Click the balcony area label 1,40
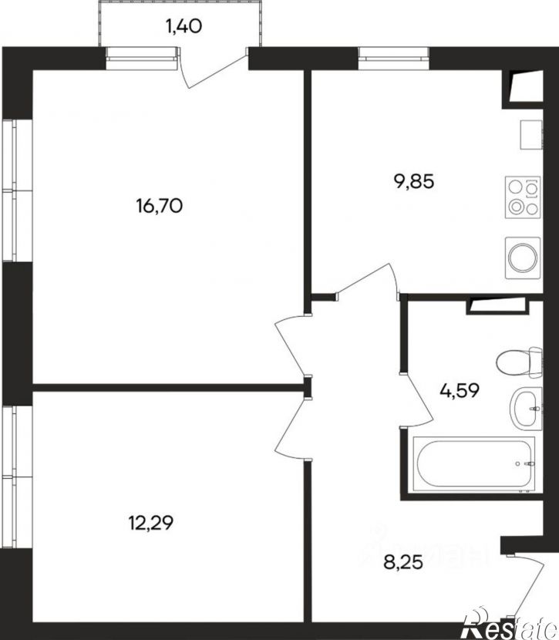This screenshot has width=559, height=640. pyautogui.click(x=184, y=26)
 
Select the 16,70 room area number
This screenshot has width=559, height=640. pyautogui.click(x=160, y=206)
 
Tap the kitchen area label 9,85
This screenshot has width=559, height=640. pyautogui.click(x=414, y=181)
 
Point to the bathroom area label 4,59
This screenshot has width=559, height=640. pyautogui.click(x=460, y=391)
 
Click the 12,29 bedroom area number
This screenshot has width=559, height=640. pyautogui.click(x=151, y=523)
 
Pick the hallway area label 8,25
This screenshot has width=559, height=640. pyautogui.click(x=403, y=563)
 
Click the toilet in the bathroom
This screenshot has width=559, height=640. pyautogui.click(x=520, y=361)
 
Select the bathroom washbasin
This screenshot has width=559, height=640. pyautogui.click(x=526, y=409)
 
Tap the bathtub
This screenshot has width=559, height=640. pyautogui.click(x=473, y=464)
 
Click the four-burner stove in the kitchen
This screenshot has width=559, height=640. pyautogui.click(x=523, y=197)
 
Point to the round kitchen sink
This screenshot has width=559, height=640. pyautogui.click(x=523, y=258)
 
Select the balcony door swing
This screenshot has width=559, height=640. pyautogui.click(x=212, y=69)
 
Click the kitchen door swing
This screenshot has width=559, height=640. pyautogui.click(x=366, y=279)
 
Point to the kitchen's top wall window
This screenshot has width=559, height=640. pyautogui.click(x=394, y=53)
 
